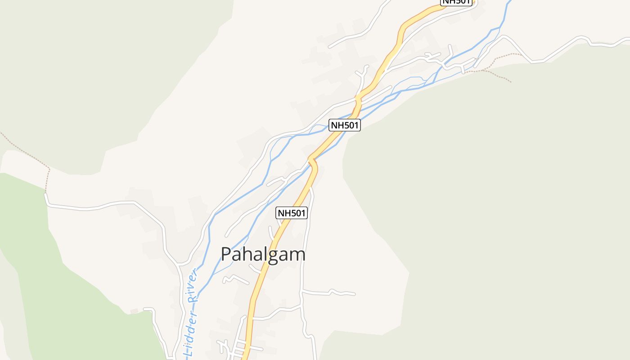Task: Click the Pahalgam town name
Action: [x=263, y=255]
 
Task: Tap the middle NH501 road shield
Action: [x=345, y=125]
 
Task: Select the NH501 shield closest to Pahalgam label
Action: [x=292, y=213]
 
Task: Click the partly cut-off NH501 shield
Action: [x=456, y=2]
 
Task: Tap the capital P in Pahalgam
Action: [x=227, y=255]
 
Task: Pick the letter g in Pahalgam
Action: [x=273, y=256]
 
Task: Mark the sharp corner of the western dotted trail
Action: [x=49, y=170]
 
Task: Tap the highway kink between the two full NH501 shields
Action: [x=312, y=161]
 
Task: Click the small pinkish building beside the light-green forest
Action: [x=134, y=311]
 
